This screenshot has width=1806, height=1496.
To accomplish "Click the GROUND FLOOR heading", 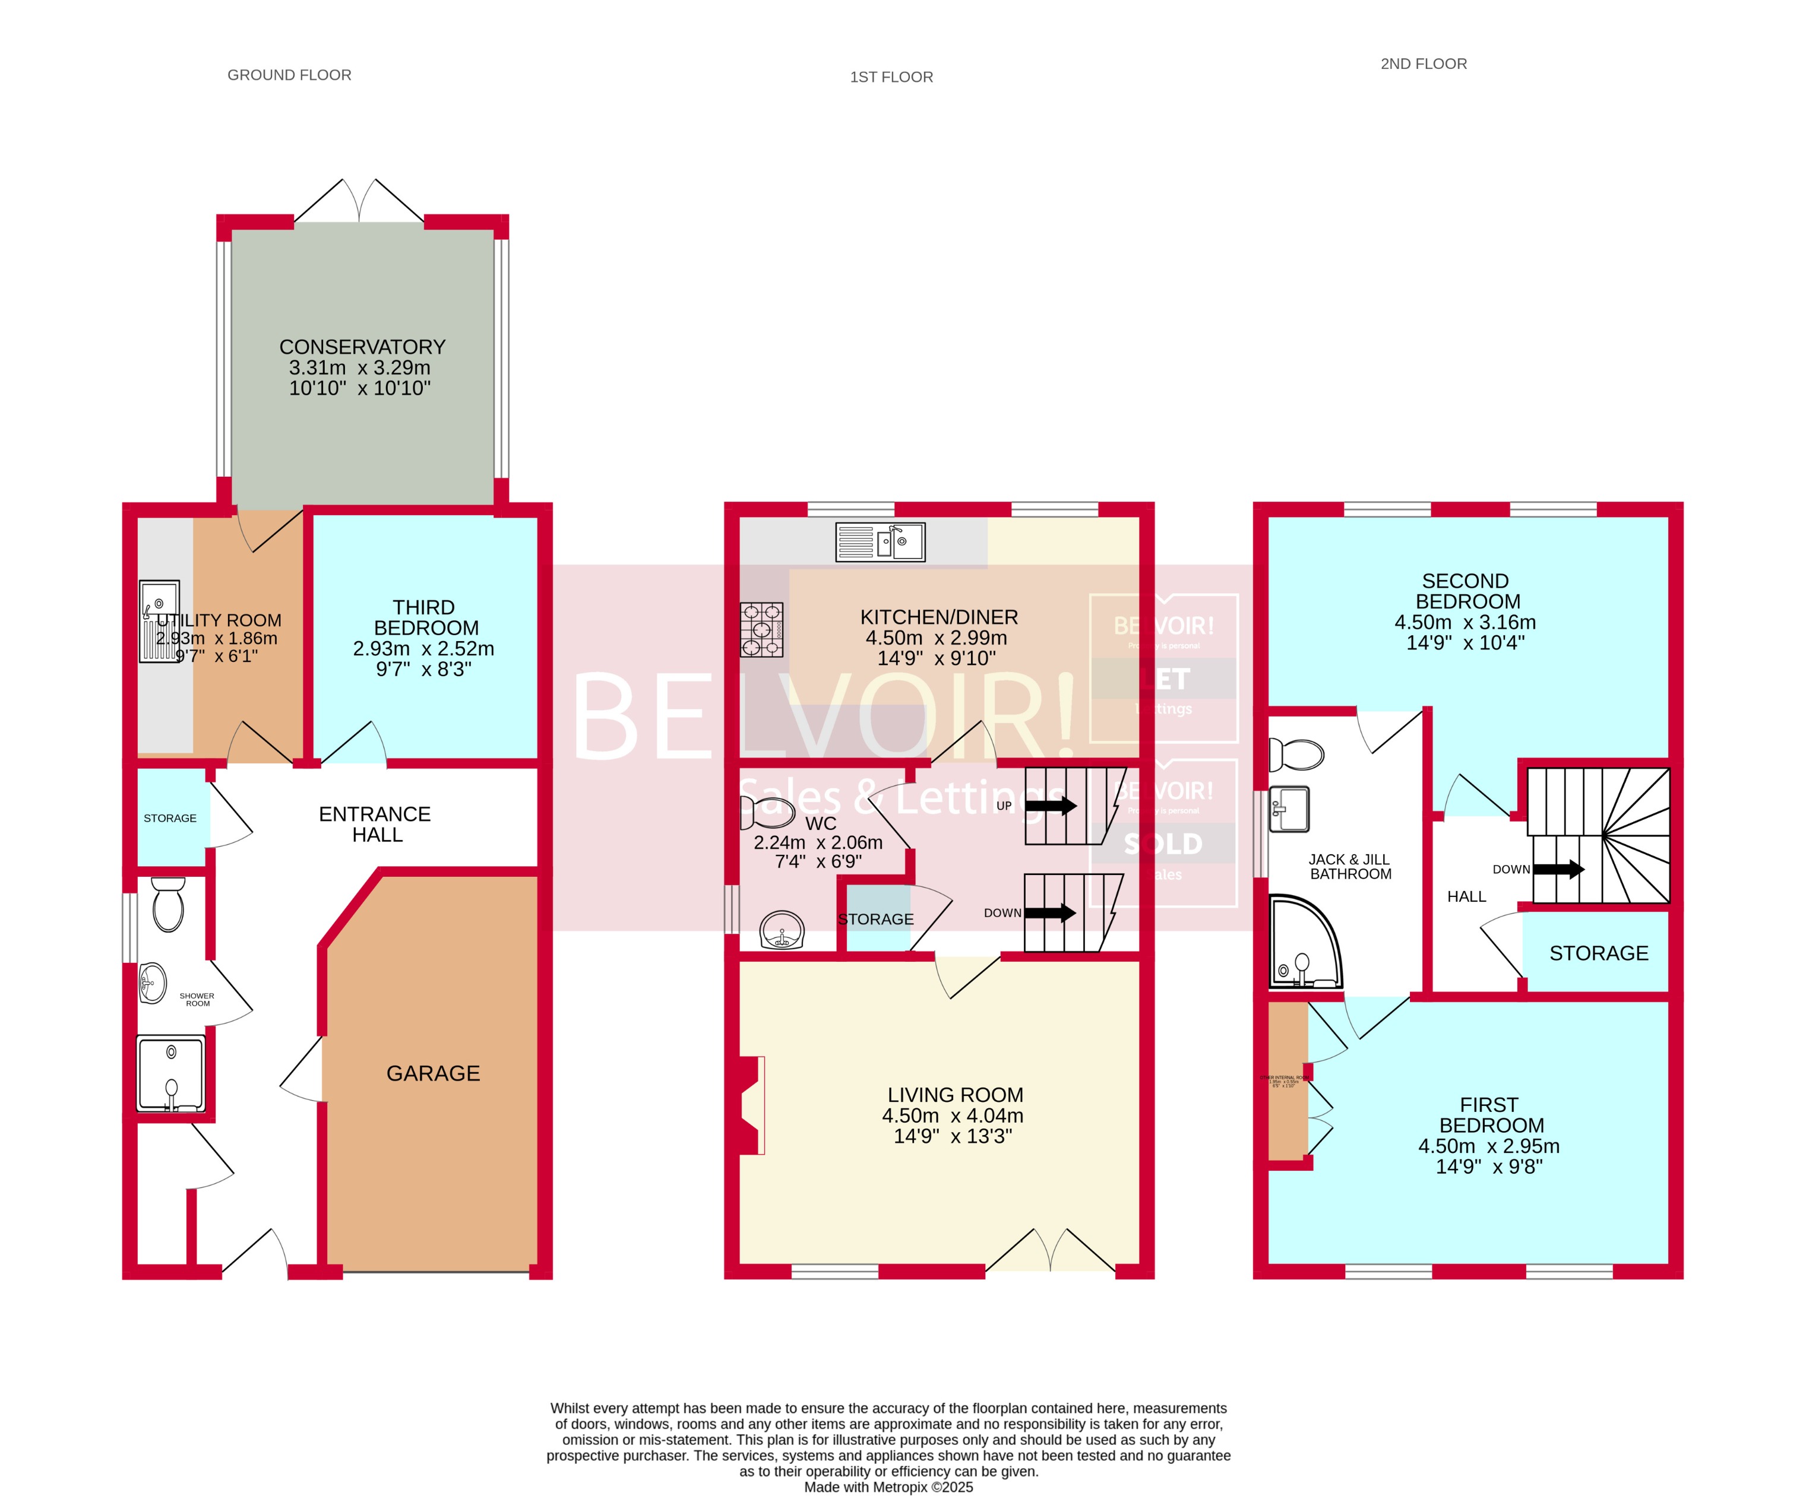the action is click(x=289, y=75).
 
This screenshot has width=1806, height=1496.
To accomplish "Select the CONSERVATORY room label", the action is click(x=362, y=347).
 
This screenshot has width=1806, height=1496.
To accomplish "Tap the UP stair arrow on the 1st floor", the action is click(x=1051, y=806).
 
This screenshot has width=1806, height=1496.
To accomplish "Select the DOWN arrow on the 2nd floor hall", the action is click(x=1558, y=869).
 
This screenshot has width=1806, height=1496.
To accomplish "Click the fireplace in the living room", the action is click(x=751, y=1105).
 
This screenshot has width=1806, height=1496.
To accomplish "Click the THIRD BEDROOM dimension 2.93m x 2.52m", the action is click(x=423, y=648).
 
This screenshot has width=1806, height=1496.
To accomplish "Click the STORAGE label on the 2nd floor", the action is click(x=1599, y=953).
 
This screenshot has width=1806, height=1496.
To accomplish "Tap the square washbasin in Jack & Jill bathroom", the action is click(x=1289, y=809).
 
